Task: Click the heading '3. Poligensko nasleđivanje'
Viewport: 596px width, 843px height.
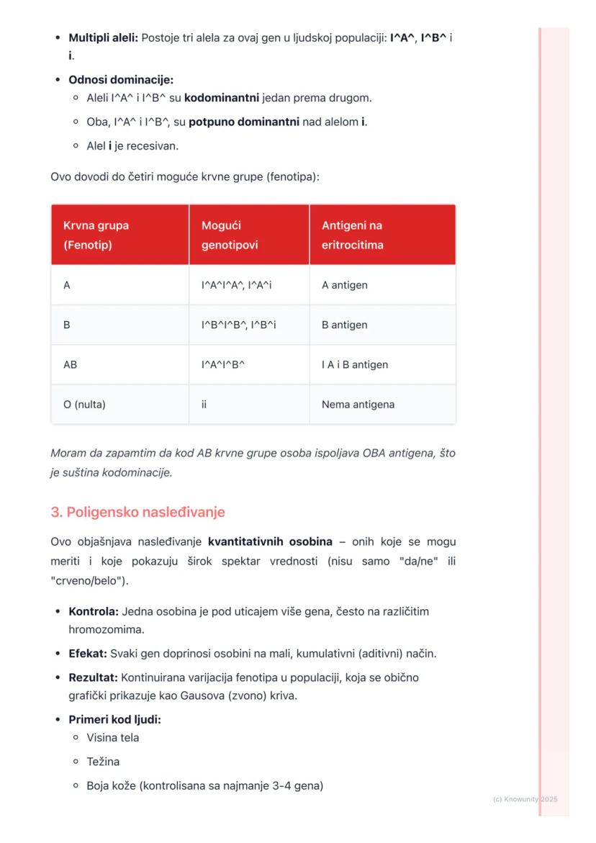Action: click(137, 512)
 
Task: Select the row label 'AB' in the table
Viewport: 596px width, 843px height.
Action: click(70, 364)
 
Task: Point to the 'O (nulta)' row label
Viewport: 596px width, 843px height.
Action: click(84, 405)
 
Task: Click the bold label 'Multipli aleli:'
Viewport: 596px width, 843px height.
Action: click(103, 37)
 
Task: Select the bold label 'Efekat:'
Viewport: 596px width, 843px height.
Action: click(88, 654)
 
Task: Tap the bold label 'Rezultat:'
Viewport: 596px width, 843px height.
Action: click(93, 677)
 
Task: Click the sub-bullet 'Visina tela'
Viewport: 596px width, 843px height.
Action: click(113, 737)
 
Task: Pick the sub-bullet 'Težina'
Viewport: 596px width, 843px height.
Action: click(103, 761)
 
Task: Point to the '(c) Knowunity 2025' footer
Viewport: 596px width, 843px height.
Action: click(525, 799)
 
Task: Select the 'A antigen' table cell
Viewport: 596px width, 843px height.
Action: click(344, 285)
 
